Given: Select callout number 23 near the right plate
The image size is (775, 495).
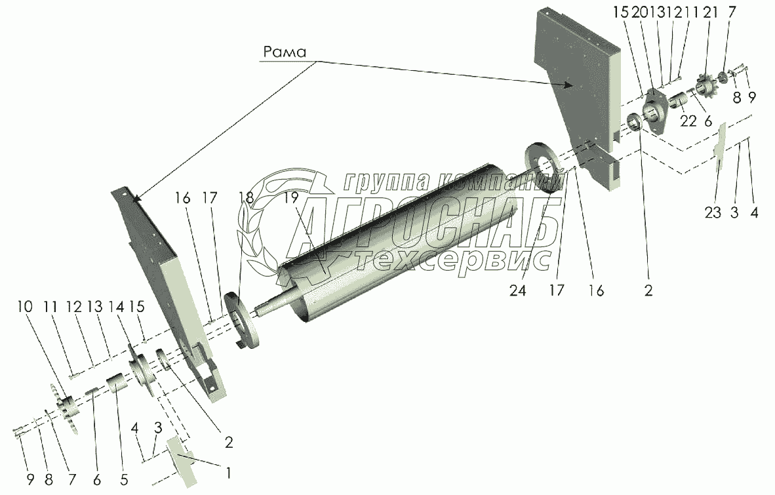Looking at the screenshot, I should click(x=713, y=212).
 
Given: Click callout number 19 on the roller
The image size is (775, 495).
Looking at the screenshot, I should click(x=291, y=197).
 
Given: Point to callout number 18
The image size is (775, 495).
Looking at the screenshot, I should click(x=245, y=197).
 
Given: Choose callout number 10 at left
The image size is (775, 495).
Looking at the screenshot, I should click(x=25, y=307).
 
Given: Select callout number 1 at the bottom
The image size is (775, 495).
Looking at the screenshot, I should click(x=229, y=471).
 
